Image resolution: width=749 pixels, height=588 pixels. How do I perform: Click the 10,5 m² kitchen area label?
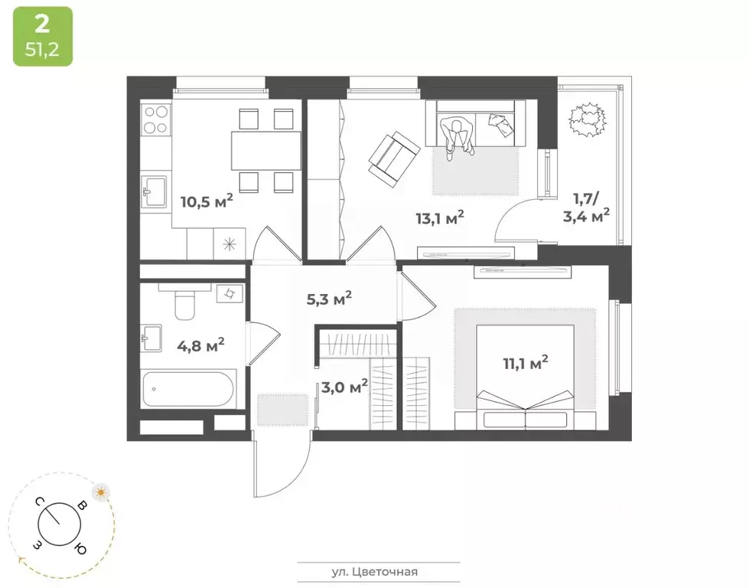coord(206,202)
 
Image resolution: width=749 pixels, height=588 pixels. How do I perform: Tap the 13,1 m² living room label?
coord(440,218)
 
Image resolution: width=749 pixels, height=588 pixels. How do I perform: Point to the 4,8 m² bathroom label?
coord(200,344)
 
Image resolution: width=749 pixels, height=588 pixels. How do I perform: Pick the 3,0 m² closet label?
coord(344,386)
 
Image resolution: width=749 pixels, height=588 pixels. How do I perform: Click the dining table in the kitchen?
coord(265,150)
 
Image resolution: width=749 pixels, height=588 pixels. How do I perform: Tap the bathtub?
coord(189,390)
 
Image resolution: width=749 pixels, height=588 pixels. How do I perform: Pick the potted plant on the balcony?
coord(586,120)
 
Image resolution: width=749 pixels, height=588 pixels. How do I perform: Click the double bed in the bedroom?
coord(525,375)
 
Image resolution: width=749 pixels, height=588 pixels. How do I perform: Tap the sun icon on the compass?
coord(100,492)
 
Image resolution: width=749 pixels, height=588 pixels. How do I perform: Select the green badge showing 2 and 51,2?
coord(42,36)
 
